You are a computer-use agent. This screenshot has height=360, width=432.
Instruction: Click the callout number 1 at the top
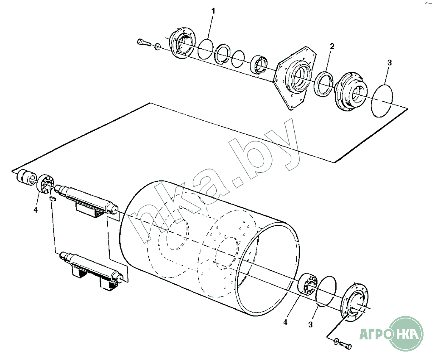pyautogui.click(x=213, y=11)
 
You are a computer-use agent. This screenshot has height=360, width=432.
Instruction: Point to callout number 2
pyautogui.click(x=332, y=47)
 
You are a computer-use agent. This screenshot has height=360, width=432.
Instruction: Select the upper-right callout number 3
pyautogui.click(x=389, y=63)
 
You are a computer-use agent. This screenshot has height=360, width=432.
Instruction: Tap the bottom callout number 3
pyautogui.click(x=310, y=325)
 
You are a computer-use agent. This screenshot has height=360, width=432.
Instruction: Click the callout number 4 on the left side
pyautogui.click(x=35, y=210)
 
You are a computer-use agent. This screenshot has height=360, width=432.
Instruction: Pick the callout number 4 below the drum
pyautogui.click(x=285, y=322)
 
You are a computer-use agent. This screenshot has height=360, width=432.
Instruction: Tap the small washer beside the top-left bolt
pyautogui.click(x=158, y=47)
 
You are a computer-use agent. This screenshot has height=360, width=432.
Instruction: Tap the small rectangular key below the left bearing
pyautogui.click(x=52, y=199)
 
